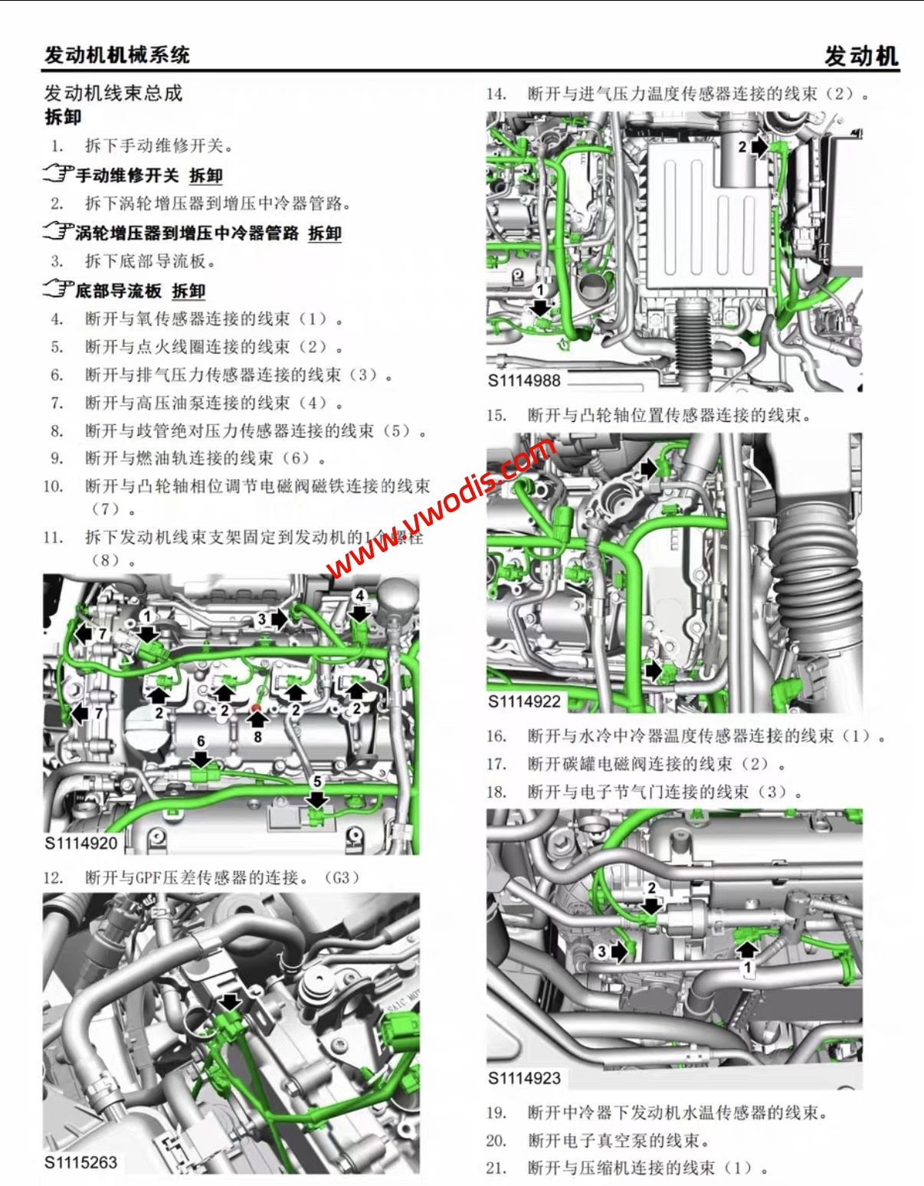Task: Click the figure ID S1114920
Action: coord(81,843)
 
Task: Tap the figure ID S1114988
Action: coord(525,381)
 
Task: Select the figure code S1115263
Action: coord(81,1162)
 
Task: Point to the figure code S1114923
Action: coord(525,1078)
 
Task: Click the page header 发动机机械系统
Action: coord(116,55)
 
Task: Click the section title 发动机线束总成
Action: coord(113,93)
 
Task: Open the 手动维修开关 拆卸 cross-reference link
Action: coord(149,175)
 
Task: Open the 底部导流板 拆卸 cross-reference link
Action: coord(140,291)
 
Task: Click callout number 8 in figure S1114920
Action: coord(257,737)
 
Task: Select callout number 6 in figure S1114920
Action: coord(201,741)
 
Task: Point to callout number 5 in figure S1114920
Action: coord(317,782)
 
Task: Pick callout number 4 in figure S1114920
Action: coord(359,595)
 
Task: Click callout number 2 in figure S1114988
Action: coord(742,146)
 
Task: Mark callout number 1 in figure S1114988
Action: coord(540,290)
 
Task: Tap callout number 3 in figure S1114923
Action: coord(602,951)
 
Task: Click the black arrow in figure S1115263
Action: coord(229,1002)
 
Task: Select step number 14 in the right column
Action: coord(496,94)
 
